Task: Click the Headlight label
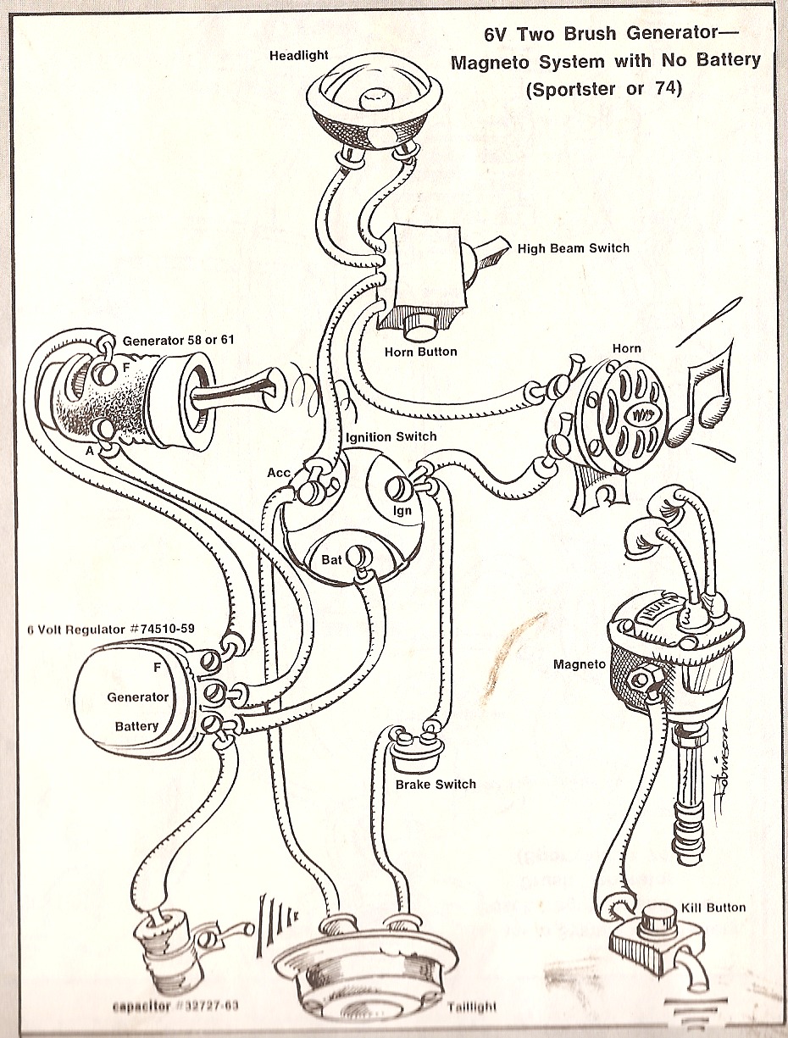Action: point(299,56)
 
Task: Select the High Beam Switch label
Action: point(574,248)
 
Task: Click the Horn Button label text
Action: point(420,352)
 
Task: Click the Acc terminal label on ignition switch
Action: point(279,473)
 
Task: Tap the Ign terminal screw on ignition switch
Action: point(397,490)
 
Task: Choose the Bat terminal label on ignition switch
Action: point(331,560)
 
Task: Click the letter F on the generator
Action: point(125,368)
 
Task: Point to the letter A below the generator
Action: point(89,452)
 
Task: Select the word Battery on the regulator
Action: point(136,726)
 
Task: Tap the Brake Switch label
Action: point(436,785)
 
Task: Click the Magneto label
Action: point(580,664)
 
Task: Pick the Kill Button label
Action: point(713,908)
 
